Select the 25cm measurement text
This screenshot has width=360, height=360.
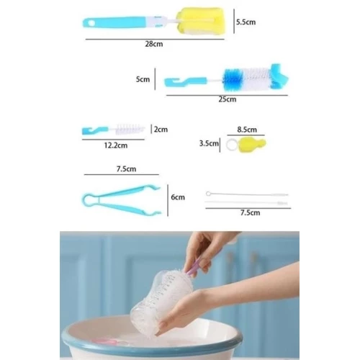tap(227, 99)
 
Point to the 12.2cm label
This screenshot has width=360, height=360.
tap(114, 145)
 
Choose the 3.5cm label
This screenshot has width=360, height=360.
tap(208, 144)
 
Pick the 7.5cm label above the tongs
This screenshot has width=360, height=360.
tap(127, 169)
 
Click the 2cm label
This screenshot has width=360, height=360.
tap(161, 130)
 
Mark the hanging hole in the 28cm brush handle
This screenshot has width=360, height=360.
tap(91, 24)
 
